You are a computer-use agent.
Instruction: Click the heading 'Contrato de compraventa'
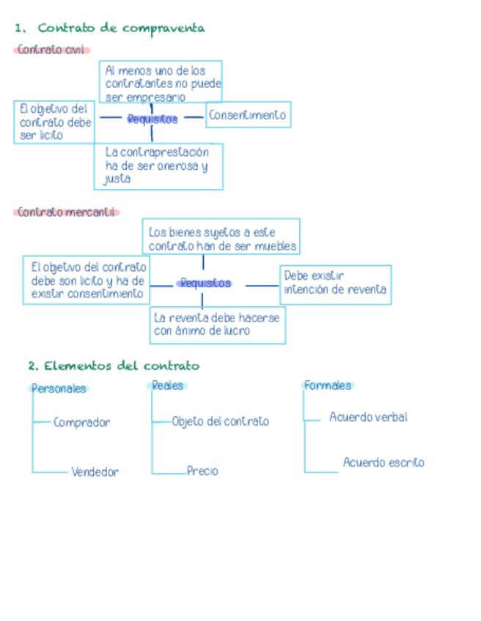[x=121, y=29]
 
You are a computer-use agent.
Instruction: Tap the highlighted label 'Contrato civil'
[x=51, y=50]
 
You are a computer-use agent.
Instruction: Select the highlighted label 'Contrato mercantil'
[x=66, y=212]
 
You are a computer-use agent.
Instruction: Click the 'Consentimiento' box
[x=248, y=115]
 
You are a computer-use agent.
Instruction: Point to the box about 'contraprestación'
[x=158, y=166]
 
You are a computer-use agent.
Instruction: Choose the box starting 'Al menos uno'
[x=161, y=83]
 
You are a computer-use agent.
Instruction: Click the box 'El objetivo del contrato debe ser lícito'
[x=55, y=122]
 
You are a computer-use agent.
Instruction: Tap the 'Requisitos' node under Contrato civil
[x=153, y=119]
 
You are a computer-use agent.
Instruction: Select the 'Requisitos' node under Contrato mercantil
[x=206, y=283]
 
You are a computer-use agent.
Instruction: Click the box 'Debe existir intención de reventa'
[x=336, y=284]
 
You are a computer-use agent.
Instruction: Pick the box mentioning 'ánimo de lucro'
[x=218, y=324]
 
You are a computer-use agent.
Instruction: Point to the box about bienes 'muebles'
[x=221, y=237]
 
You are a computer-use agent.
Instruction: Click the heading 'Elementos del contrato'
[x=121, y=365]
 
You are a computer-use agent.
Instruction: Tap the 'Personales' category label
[x=59, y=389]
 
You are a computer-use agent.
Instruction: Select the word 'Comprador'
[x=81, y=423]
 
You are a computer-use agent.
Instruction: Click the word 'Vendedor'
[x=95, y=472]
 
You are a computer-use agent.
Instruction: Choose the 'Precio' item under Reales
[x=202, y=472]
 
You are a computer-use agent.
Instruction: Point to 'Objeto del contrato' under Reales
[x=220, y=422]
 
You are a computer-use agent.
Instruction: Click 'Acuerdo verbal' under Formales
[x=368, y=417]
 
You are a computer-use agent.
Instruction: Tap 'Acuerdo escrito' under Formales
[x=383, y=463]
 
